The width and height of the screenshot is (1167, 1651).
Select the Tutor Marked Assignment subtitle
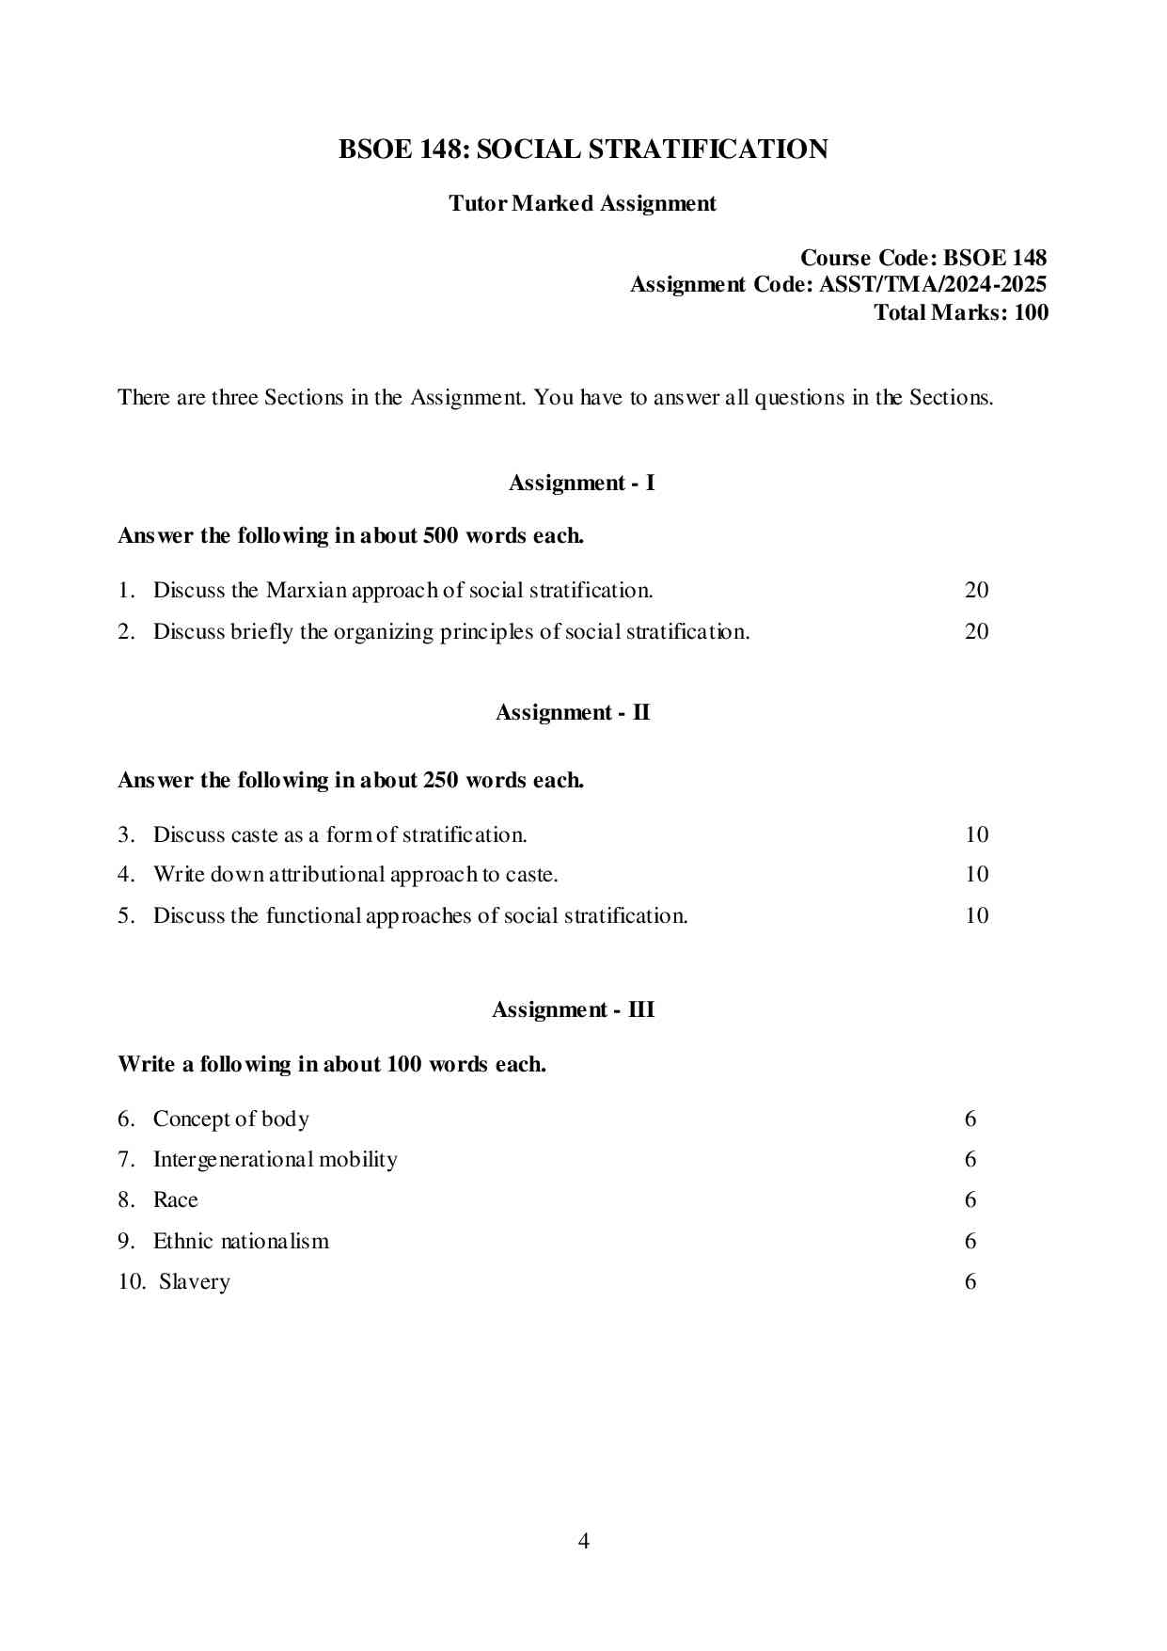coord(582,203)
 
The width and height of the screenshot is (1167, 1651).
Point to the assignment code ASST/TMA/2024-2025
coord(933,284)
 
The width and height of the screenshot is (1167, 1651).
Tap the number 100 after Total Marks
coord(1031,312)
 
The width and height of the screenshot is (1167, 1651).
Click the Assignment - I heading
coord(581,483)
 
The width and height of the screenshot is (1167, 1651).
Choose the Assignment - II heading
coord(573,712)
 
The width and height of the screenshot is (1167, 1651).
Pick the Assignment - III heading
coord(573,1009)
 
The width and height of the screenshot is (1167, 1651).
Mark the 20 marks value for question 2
coord(976,631)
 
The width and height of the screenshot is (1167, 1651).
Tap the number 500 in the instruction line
coord(441,535)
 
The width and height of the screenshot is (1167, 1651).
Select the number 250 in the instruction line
coord(441,780)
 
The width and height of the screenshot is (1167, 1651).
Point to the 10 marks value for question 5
coord(976,915)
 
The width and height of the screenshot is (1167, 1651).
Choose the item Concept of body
coord(230,1119)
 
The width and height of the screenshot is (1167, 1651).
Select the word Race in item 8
coord(175,1199)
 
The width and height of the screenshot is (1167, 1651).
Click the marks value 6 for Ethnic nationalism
coord(970,1241)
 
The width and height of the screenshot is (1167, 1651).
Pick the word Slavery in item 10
coord(194,1281)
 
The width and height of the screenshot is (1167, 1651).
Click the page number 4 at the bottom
coord(583,1541)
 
